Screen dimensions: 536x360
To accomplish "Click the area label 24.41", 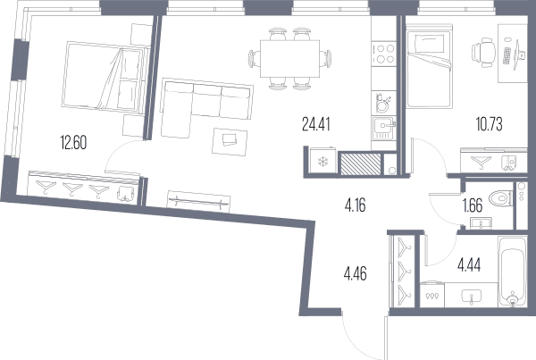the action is click(316, 124).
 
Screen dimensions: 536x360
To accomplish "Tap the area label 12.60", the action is click(73, 143).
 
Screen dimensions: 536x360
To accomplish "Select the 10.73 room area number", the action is click(490, 124).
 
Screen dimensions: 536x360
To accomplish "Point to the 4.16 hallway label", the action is click(356, 205).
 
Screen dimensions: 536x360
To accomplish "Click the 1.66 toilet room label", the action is click(472, 205).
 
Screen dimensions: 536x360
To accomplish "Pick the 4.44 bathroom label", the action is click(469, 264).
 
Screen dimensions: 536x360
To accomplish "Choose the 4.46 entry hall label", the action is click(356, 274).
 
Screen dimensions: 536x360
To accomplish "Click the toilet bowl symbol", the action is click(500, 198).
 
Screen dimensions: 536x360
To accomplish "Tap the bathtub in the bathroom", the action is click(512, 271).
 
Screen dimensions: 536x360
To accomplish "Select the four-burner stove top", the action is click(384, 54).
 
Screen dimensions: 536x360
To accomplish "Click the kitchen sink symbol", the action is click(384, 129).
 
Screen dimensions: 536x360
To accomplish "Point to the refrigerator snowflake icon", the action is click(322, 162).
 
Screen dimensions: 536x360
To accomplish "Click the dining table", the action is click(289, 59).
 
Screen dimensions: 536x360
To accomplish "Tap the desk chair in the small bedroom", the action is click(483, 53).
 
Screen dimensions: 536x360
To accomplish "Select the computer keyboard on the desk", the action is click(507, 56).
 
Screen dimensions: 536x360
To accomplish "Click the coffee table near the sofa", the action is click(230, 141).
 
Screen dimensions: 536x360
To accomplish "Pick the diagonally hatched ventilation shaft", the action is click(361, 164).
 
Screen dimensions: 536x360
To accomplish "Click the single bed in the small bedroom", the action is click(430, 66).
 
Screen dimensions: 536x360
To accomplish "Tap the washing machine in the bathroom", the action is click(432, 295).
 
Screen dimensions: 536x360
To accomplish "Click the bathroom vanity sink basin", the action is click(472, 296).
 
